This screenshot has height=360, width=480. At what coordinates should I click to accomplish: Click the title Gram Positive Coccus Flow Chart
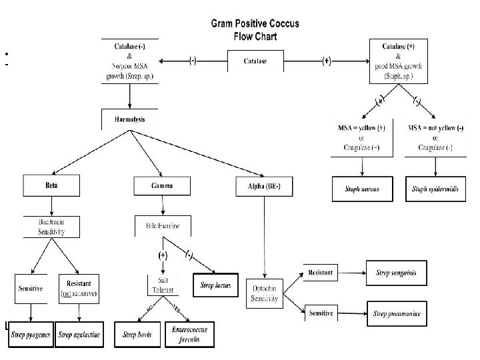click(x=255, y=29)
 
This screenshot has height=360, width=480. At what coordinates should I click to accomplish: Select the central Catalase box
click(x=255, y=61)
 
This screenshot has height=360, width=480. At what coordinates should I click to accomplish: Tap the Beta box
click(x=52, y=186)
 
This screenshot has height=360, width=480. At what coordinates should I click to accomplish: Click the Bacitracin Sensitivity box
click(x=52, y=227)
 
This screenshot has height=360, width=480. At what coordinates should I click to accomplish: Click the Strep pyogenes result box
click(x=29, y=335)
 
